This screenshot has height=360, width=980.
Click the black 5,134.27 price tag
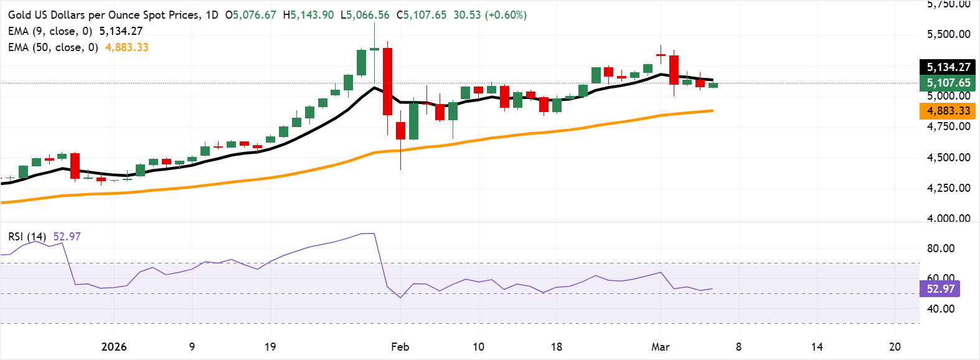pyautogui.click(x=948, y=67)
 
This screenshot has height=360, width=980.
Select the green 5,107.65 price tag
pyautogui.click(x=948, y=83)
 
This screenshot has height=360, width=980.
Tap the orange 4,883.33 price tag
pyautogui.click(x=948, y=111)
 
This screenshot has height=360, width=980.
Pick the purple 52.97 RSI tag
pyautogui.click(x=940, y=289)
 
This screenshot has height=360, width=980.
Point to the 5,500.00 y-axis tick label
pyautogui.click(x=948, y=34)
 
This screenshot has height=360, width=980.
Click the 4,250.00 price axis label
pyautogui.click(x=948, y=187)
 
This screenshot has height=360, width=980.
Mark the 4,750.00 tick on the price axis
pyautogui.click(x=948, y=126)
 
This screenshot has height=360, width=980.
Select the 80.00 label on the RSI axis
pyautogui.click(x=941, y=249)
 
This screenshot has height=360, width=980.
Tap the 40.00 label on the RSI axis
pyautogui.click(x=941, y=309)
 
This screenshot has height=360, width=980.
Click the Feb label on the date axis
pyautogui.click(x=400, y=347)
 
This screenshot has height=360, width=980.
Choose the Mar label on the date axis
pyautogui.click(x=660, y=347)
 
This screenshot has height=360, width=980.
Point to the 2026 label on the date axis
pyautogui.click(x=114, y=347)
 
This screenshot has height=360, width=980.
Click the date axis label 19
pyautogui.click(x=270, y=347)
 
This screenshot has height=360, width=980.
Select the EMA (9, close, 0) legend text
pyautogui.click(x=50, y=31)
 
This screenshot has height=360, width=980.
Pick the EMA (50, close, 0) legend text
pyautogui.click(x=53, y=47)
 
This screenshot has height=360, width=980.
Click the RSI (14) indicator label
pyautogui.click(x=27, y=237)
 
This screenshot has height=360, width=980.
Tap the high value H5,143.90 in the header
pyautogui.click(x=308, y=15)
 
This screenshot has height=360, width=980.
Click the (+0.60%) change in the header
pyautogui.click(x=505, y=15)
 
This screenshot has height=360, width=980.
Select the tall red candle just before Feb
pyautogui.click(x=387, y=81)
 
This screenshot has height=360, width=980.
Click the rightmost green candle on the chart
pyautogui.click(x=713, y=85)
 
